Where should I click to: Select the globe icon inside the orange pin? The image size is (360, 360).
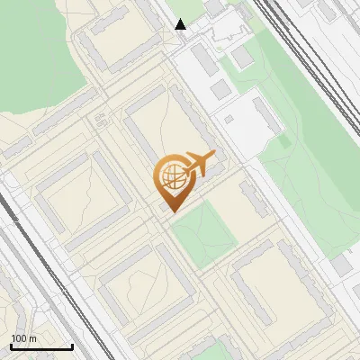pos(171,176)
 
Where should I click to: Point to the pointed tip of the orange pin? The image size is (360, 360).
pos(171,211)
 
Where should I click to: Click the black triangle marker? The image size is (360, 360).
pos(181,24)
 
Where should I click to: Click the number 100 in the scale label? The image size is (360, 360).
pos(19,338)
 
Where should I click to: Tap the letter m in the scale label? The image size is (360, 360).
pos(32,338)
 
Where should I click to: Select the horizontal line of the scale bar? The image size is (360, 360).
pos(40,347)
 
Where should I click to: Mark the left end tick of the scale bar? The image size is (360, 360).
pos(10,346)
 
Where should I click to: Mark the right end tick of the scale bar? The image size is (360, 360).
pos(72,346)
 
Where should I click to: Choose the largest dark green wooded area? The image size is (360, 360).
pos(36,54)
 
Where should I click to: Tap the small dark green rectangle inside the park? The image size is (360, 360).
pos(284,140)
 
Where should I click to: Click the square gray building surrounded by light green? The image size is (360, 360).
pos(243,57)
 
